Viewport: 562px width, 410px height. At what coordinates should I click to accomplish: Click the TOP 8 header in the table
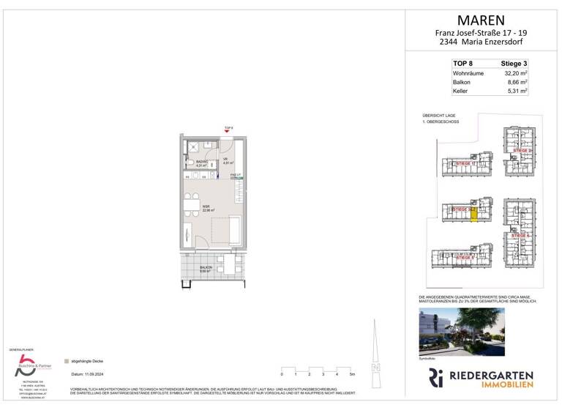click(462, 64)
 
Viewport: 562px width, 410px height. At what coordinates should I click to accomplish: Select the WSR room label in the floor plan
click(207, 207)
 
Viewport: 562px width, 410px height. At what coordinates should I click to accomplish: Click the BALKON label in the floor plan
click(206, 268)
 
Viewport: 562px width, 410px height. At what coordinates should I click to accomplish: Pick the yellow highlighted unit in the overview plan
click(474, 216)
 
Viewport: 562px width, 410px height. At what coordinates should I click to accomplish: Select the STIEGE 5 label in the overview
click(465, 258)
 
